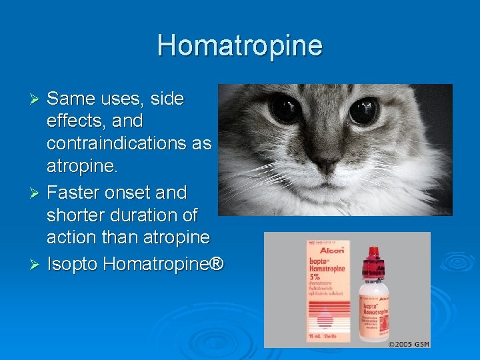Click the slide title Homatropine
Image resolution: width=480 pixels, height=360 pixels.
240,46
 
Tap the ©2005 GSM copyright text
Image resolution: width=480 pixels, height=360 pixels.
409,343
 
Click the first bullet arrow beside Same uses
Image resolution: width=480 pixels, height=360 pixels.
37,99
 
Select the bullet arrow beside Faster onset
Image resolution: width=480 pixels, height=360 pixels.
37,193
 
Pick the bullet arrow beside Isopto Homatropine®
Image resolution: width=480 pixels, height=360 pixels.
37,265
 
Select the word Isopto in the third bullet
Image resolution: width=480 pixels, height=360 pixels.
73,264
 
